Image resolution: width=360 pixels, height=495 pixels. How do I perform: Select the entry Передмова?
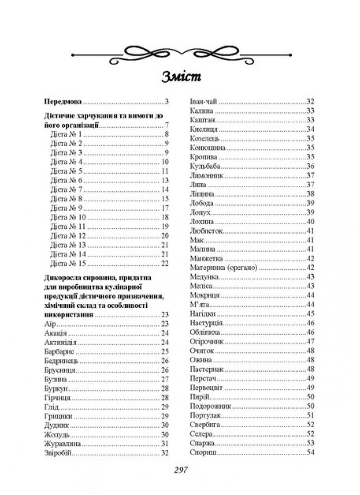[62, 102]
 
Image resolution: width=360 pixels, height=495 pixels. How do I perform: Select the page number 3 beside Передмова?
[167, 102]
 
